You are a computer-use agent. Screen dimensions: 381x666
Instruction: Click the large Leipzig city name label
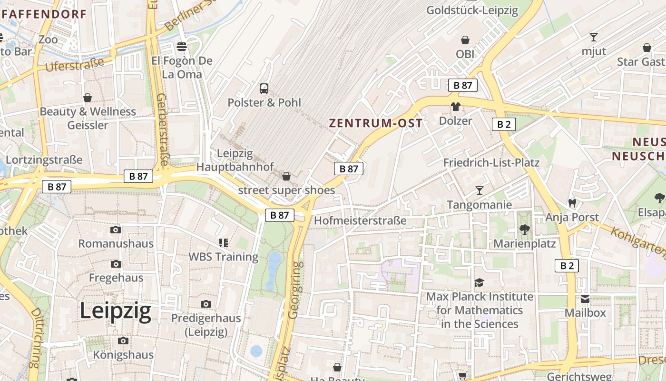pyautogui.click(x=116, y=311)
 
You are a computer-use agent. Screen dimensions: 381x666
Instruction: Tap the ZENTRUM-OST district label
pyautogui.click(x=376, y=123)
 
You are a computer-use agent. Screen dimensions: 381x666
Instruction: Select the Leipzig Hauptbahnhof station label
pyautogui.click(x=235, y=160)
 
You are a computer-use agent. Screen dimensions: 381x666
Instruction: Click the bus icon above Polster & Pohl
pyautogui.click(x=264, y=88)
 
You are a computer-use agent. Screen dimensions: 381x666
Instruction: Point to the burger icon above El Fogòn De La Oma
pyautogui.click(x=181, y=47)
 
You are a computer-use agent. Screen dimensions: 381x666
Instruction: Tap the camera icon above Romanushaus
pyautogui.click(x=115, y=230)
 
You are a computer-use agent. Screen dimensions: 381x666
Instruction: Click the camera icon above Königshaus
pyautogui.click(x=123, y=341)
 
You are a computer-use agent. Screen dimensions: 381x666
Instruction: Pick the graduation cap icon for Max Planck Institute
pyautogui.click(x=479, y=283)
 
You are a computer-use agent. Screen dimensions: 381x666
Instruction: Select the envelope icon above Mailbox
pyautogui.click(x=585, y=299)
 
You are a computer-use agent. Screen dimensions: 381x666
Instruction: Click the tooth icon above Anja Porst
pyautogui.click(x=572, y=203)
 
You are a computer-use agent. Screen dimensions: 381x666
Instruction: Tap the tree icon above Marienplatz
pyautogui.click(x=524, y=230)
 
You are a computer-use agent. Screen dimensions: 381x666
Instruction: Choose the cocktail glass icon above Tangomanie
pyautogui.click(x=479, y=190)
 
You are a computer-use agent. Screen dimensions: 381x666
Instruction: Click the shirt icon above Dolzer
pyautogui.click(x=456, y=107)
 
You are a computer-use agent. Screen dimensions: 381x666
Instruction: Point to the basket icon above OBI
pyautogui.click(x=465, y=40)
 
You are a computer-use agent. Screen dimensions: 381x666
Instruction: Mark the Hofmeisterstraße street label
pyautogui.click(x=360, y=221)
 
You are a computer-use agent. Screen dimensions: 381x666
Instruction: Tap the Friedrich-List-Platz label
pyautogui.click(x=491, y=162)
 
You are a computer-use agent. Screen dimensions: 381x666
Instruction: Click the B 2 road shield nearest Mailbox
pyautogui.click(x=567, y=266)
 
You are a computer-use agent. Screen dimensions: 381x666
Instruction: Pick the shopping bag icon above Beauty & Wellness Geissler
pyautogui.click(x=88, y=98)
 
